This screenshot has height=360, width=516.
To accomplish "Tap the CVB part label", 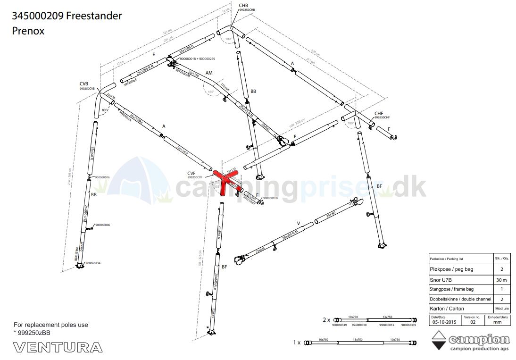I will (84, 84).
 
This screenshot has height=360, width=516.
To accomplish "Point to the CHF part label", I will (379, 113).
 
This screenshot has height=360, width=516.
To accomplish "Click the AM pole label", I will (209, 74).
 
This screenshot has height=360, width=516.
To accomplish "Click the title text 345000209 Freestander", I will (67, 16).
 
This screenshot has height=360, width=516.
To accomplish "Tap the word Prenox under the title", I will (28, 31).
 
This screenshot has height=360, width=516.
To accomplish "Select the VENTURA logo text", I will (58, 348).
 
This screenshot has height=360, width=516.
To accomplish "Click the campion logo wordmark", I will (479, 340).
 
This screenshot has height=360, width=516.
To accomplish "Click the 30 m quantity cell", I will (501, 279).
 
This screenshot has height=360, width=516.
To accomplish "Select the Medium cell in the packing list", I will (501, 309).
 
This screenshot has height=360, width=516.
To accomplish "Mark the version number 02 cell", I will (473, 322).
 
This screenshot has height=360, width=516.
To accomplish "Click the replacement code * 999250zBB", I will (32, 333).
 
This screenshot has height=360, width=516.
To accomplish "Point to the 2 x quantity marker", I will (326, 319).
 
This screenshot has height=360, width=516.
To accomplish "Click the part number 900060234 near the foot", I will (93, 263).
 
